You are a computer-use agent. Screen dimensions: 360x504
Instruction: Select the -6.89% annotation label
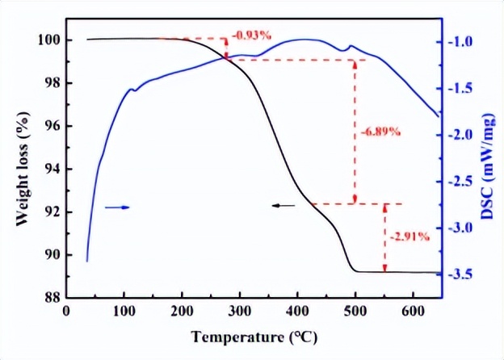[380, 132]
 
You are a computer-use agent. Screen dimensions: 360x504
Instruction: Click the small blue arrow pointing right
[117, 207]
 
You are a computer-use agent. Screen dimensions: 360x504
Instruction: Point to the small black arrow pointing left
[283, 206]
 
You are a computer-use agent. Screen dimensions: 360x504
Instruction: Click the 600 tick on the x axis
[413, 312]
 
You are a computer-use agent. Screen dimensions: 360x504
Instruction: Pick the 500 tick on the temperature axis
[355, 312]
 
